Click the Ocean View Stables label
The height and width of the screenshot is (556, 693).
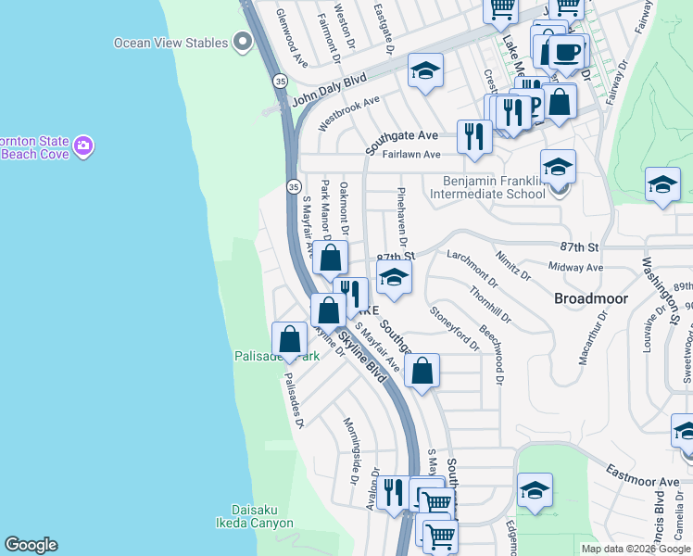tap(170, 43)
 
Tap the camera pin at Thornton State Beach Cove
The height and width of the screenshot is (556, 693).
tap(83, 145)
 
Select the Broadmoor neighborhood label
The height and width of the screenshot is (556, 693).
tap(591, 298)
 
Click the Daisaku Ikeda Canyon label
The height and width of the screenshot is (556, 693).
tap(262, 517)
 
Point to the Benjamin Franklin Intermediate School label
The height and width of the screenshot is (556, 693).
tap(495, 187)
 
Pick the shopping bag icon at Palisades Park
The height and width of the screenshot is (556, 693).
tap(290, 339)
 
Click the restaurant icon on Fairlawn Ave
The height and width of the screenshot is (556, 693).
tap(474, 136)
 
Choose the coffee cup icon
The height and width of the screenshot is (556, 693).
tap(566, 50)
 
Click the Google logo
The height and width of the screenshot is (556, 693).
tap(31, 545)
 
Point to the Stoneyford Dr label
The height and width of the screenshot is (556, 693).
tap(454, 329)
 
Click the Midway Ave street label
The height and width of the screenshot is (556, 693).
tap(575, 268)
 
